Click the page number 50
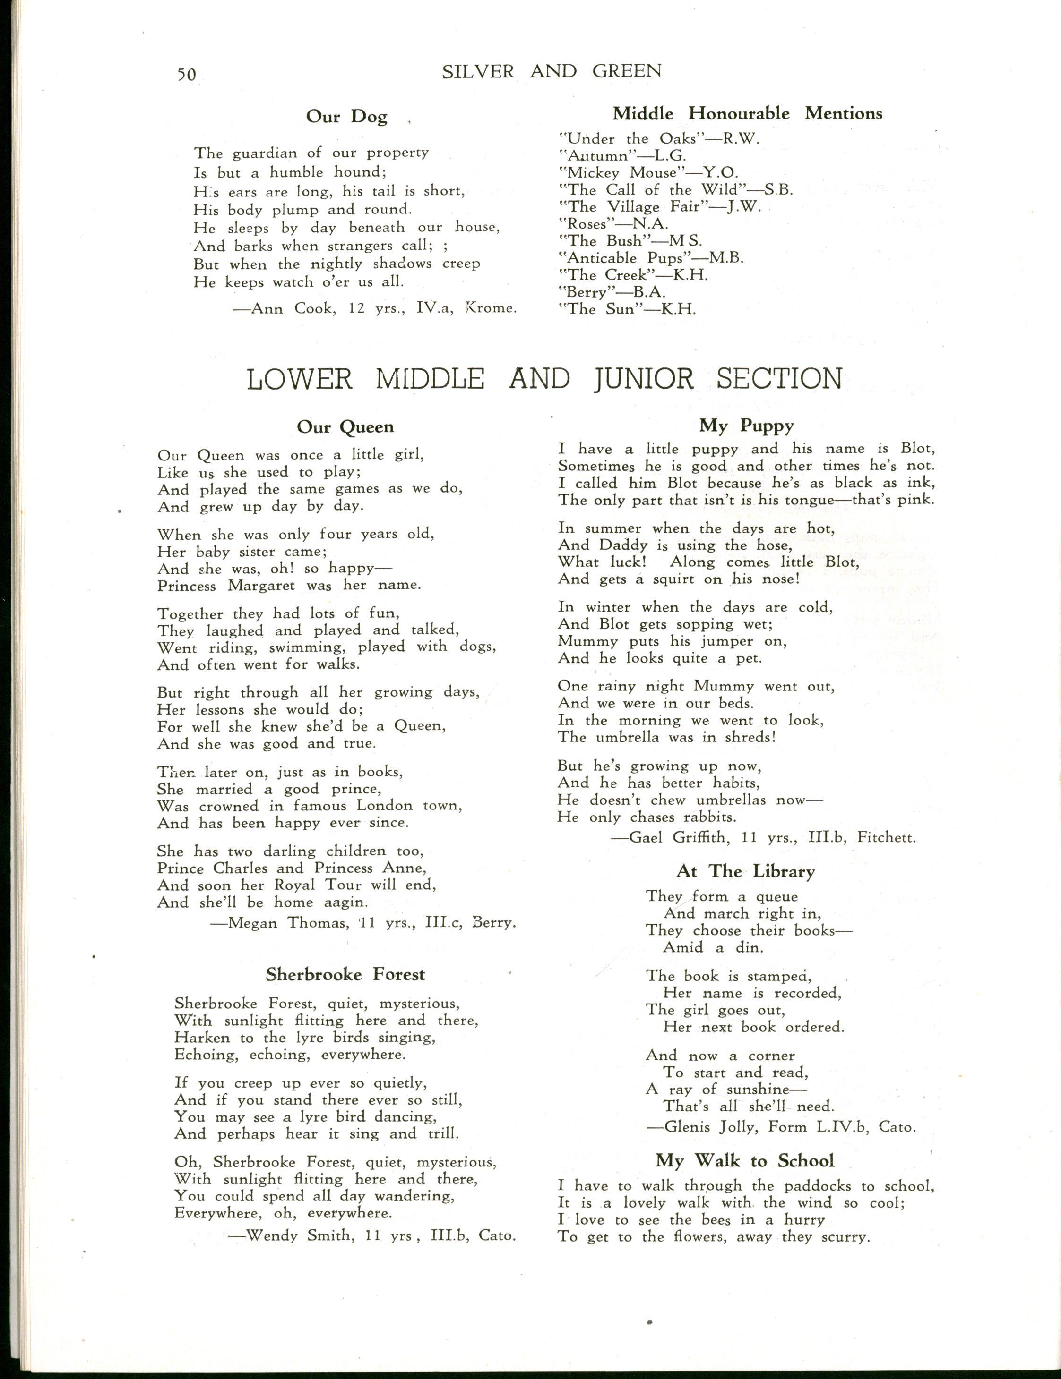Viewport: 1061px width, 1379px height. point(186,75)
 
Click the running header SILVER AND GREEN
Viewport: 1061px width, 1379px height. point(552,71)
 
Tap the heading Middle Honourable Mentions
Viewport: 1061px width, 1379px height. point(747,114)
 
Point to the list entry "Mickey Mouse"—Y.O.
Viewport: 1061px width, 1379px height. point(648,172)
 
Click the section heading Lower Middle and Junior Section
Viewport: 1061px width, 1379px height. point(544,379)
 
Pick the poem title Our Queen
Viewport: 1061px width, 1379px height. point(345,427)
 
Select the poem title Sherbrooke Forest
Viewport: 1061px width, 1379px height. point(345,974)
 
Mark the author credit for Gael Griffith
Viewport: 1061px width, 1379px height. point(763,838)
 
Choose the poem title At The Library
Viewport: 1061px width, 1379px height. point(745,872)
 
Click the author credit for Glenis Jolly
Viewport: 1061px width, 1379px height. point(781,1127)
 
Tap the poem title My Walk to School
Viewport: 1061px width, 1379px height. point(745,1161)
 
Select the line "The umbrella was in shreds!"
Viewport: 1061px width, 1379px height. point(666,737)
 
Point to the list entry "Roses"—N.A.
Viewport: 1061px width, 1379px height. point(614,224)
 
